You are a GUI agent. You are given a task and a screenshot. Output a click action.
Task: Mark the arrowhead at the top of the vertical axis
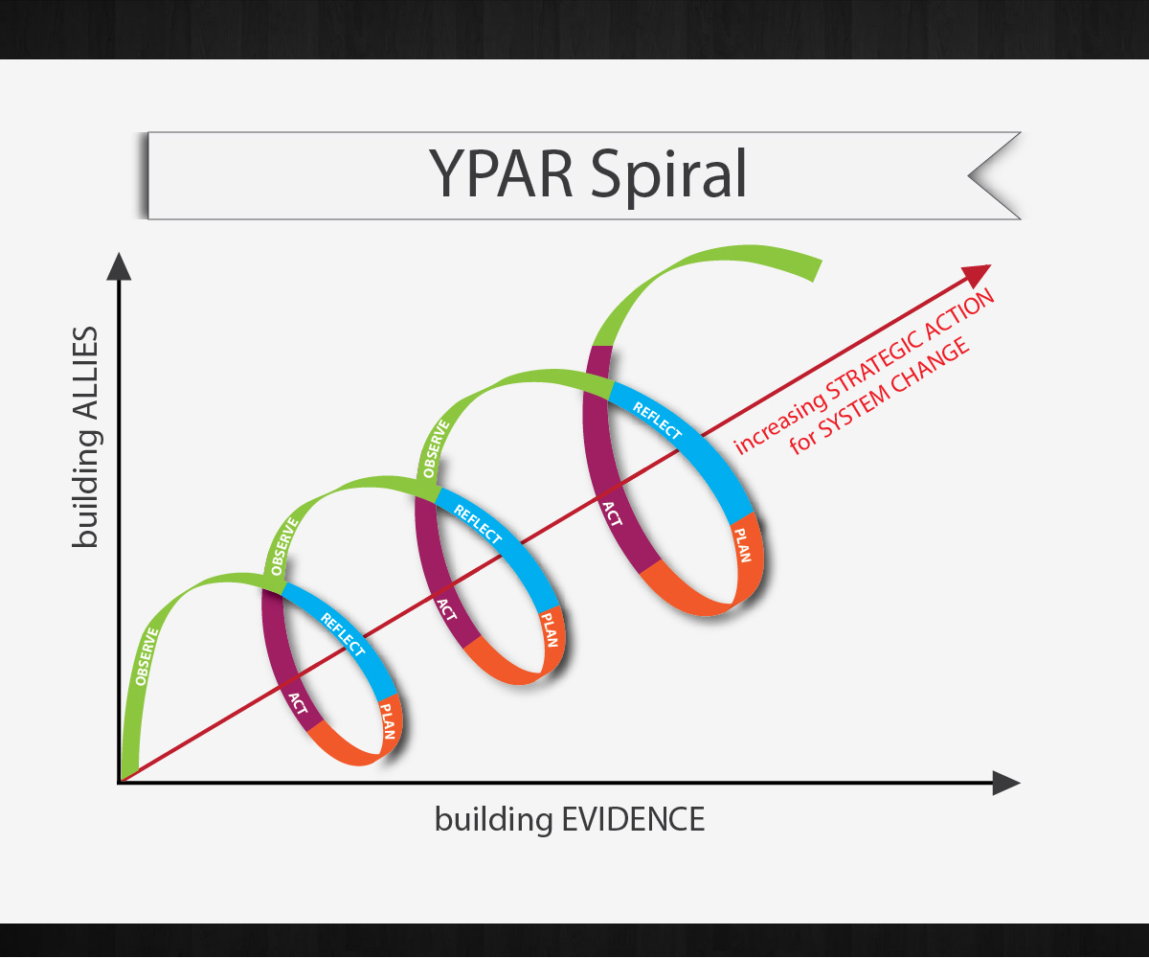coord(119,265)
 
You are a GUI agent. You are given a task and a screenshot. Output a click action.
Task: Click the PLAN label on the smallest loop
coord(387,721)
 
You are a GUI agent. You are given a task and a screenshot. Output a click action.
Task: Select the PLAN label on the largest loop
coord(744,545)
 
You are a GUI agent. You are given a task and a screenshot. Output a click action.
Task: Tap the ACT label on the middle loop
coord(445,609)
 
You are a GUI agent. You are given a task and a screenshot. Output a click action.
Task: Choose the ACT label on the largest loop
coord(612,514)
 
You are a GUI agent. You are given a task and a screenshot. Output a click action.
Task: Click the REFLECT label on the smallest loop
coord(342,633)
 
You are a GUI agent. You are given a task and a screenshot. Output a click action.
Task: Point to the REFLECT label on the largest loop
coord(657,420)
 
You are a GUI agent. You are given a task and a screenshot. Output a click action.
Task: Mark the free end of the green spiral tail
coord(816,269)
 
